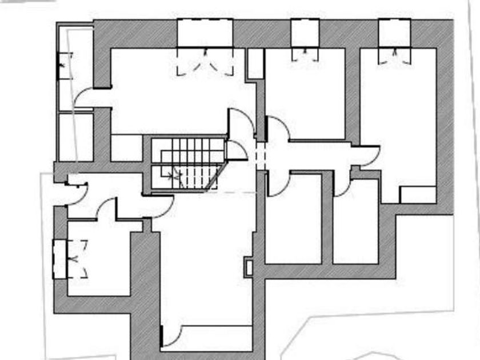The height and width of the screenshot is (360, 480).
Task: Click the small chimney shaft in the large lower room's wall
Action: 248,267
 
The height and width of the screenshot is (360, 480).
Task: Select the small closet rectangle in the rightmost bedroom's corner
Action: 417,195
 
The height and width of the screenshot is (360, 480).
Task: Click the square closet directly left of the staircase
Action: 126,148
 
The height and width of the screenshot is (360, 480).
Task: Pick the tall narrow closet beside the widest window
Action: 255,64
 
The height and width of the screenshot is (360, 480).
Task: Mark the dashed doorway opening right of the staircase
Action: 261,155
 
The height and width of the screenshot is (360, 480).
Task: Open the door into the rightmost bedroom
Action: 366,155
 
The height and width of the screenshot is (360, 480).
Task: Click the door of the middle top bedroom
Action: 278,128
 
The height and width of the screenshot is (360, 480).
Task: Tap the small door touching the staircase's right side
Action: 237,150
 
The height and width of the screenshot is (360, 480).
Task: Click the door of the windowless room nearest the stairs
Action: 279,184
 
